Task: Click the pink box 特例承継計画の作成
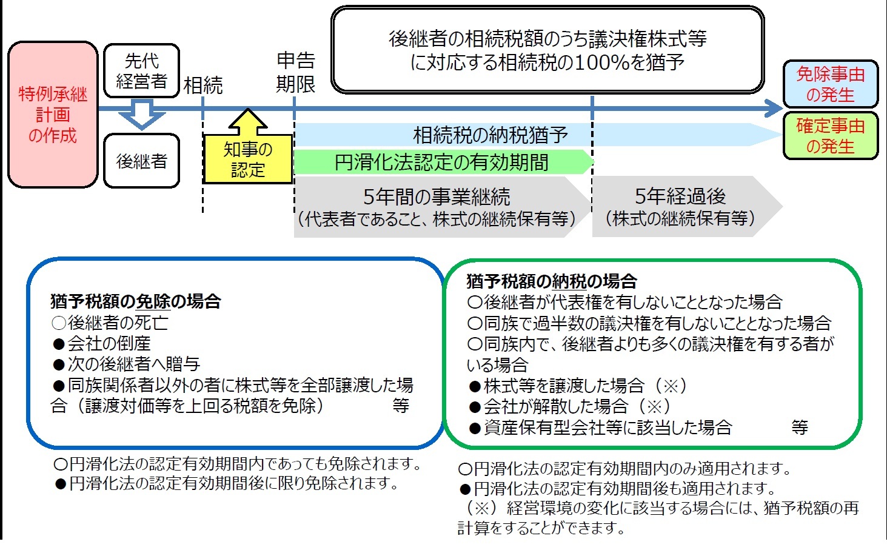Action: coord(53,115)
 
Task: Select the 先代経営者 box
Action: coord(141,71)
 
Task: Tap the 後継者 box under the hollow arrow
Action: coord(141,161)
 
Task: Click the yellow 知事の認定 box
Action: coord(247,159)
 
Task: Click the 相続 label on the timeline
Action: coord(203,86)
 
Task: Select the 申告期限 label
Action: coord(295,72)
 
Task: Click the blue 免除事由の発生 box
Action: coord(830,84)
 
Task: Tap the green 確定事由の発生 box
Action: coord(830,136)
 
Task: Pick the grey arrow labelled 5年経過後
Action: coord(680,207)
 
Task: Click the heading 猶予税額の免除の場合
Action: coord(136,301)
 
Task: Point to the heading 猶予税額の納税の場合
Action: coord(552,281)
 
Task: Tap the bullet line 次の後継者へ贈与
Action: coord(127,364)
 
